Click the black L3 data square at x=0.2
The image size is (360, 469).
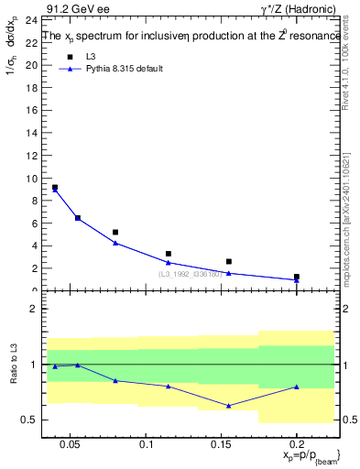[296, 277]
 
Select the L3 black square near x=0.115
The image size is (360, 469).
[169, 254]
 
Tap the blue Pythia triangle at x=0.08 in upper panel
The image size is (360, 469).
[115, 243]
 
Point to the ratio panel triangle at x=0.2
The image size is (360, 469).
[296, 387]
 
